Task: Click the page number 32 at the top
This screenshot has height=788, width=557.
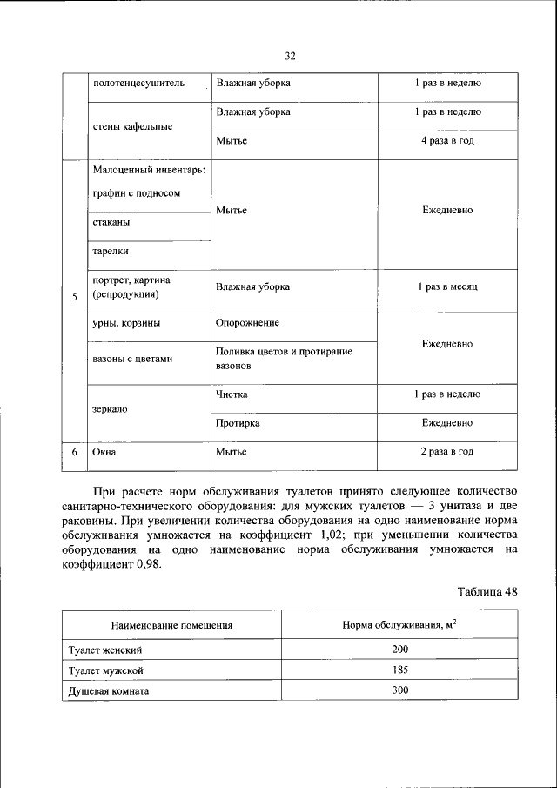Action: [x=291, y=56]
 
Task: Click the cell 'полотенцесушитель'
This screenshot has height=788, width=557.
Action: [x=138, y=84]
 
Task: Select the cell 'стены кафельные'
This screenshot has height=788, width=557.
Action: [x=132, y=126]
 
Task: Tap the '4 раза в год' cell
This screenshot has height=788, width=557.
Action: [x=446, y=141]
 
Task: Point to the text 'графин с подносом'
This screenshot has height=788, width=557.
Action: [x=137, y=193]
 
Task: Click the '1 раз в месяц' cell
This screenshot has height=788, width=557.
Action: [x=446, y=286]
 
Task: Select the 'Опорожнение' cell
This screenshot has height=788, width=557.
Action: [x=248, y=323]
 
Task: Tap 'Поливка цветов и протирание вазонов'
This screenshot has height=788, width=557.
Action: [x=284, y=359]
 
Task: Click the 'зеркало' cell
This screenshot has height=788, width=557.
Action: [x=111, y=409]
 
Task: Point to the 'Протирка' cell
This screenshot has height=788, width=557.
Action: [x=238, y=423]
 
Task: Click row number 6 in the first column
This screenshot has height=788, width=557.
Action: [x=75, y=453]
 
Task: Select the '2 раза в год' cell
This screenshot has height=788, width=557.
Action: [x=446, y=453]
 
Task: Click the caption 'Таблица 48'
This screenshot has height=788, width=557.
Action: [x=487, y=592]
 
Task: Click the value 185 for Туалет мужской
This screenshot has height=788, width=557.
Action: [x=399, y=671]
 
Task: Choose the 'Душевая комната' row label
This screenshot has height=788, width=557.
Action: [x=109, y=691]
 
